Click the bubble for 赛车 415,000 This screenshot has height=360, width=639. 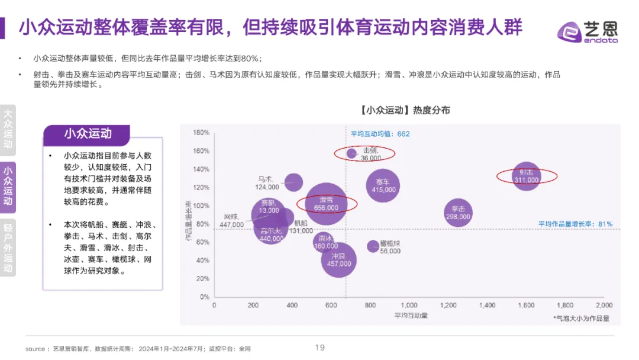[383, 185]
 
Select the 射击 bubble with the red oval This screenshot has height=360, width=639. [526, 176]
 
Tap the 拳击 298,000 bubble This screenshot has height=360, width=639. [458, 213]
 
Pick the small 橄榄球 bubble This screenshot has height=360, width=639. [373, 246]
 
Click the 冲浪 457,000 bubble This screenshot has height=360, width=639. [339, 260]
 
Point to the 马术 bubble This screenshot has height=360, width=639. [293, 182]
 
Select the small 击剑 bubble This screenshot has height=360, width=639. [351, 154]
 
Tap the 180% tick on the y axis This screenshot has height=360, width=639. [201, 133]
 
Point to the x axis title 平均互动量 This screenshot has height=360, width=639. [411, 316]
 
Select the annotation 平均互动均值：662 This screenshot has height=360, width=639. [380, 134]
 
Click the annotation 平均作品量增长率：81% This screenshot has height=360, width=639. [575, 224]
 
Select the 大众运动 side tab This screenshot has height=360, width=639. [8, 128]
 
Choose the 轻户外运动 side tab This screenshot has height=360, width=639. [8, 247]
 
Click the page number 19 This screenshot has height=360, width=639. [319, 348]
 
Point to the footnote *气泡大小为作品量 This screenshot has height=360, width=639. [580, 318]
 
